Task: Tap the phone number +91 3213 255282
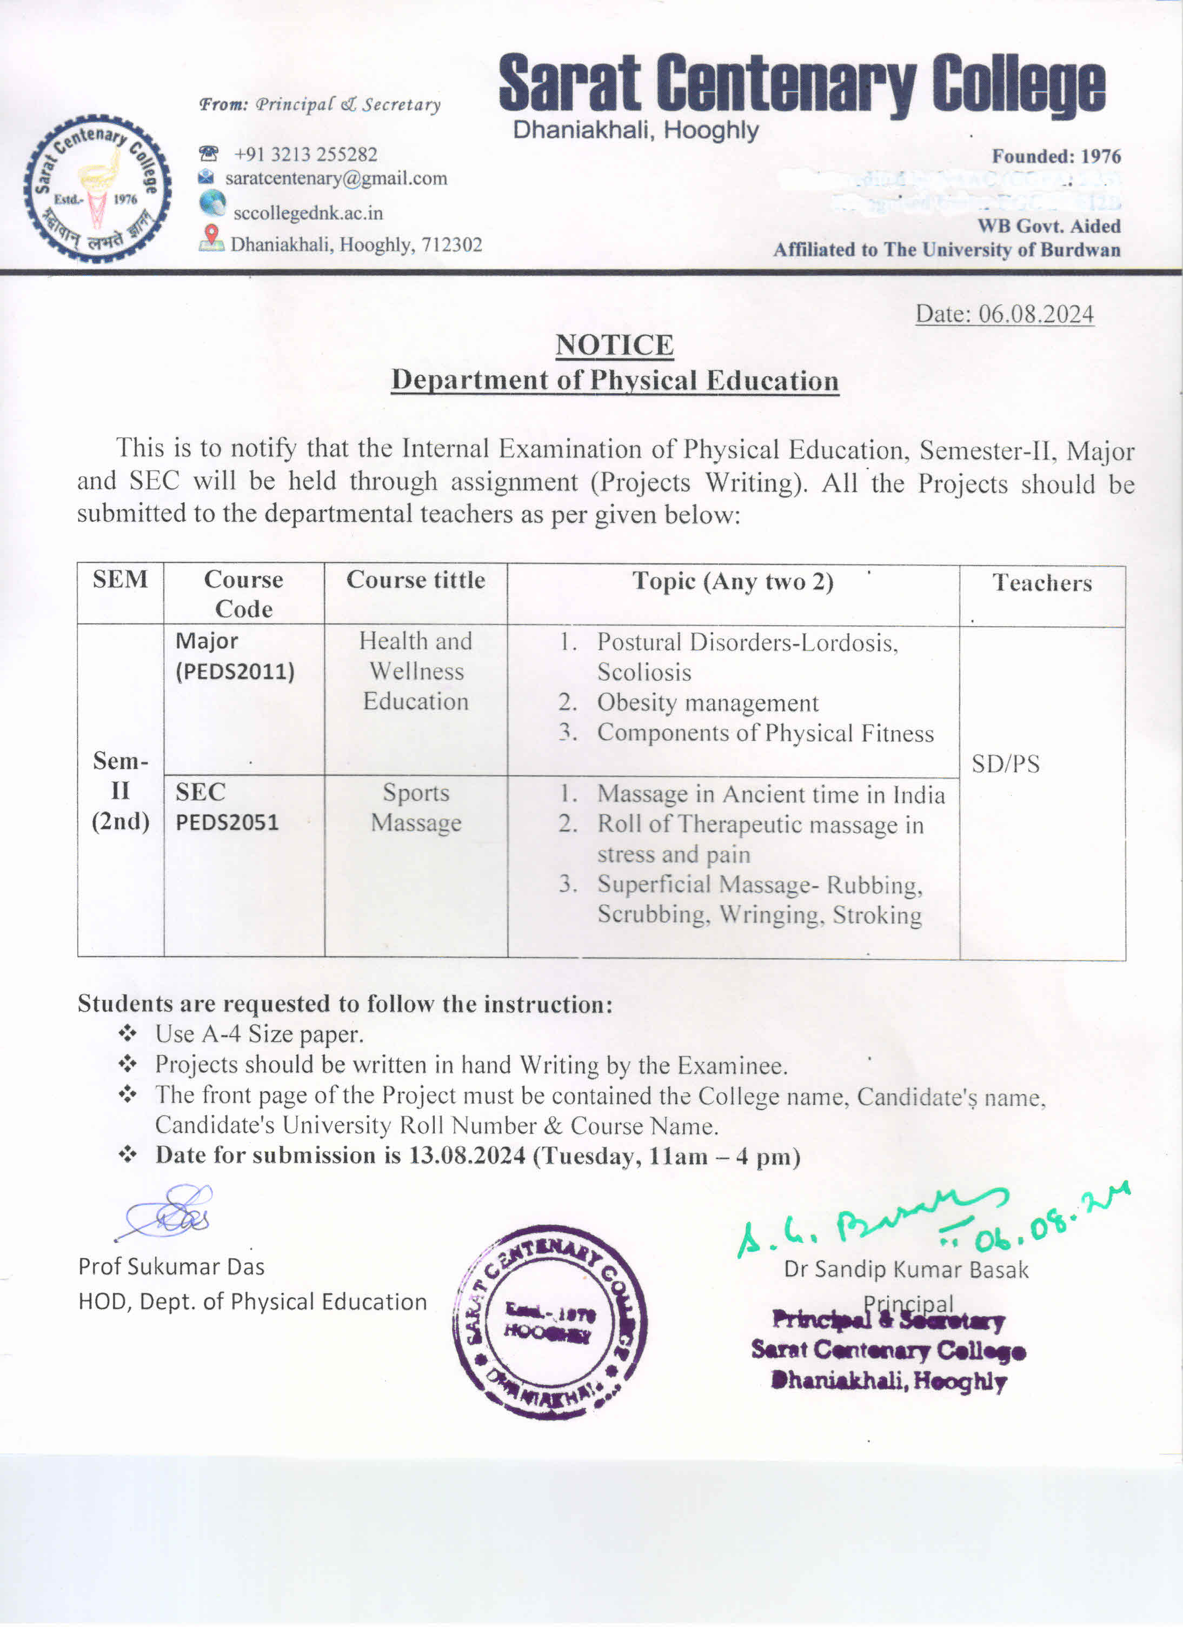[305, 154]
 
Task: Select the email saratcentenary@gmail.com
[336, 178]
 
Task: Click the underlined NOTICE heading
[614, 345]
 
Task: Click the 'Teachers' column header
[1042, 582]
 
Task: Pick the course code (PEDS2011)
[235, 672]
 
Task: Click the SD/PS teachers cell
[1005, 764]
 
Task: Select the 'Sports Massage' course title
[416, 808]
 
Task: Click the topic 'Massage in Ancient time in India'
[770, 794]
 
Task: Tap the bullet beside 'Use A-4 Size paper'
[128, 1034]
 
